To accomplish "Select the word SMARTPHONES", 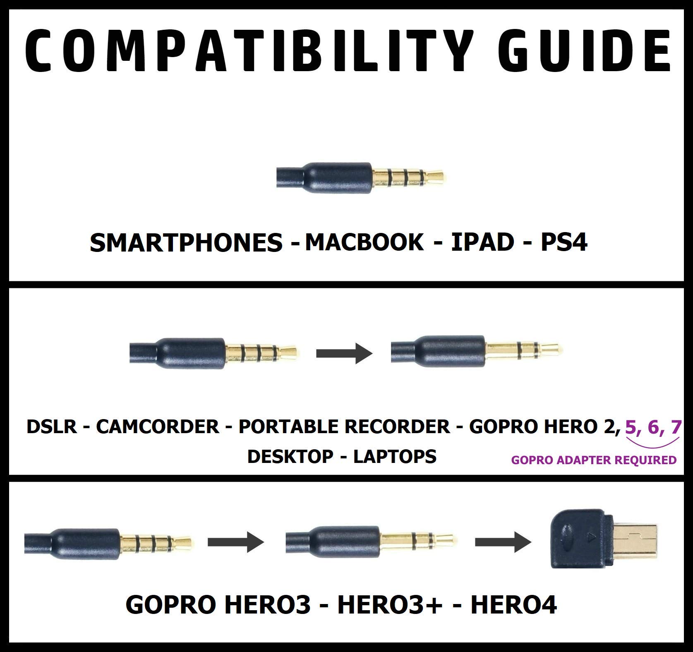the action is coord(186,243).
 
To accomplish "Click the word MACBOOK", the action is coord(364,242).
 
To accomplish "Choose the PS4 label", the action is coord(564,242).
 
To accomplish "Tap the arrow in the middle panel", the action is coord(344,353).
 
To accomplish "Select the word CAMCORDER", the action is coord(158,427).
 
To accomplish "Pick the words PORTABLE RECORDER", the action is coord(344,427).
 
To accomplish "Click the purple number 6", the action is coord(654,427).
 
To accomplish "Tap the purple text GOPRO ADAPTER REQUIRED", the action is coord(594,460).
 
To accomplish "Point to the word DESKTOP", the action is coord(290,457).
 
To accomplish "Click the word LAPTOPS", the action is coord(395,457).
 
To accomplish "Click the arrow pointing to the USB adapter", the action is coord(503,541).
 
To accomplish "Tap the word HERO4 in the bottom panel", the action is coord(513,605).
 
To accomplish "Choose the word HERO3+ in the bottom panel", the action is coord(390,605).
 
